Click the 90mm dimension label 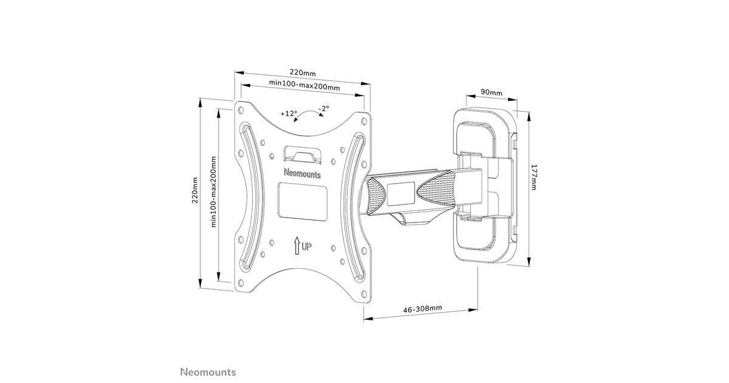point(491,92)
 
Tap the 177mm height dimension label point(534,177)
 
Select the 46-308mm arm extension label point(423,308)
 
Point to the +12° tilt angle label point(289,114)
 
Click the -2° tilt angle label point(324,108)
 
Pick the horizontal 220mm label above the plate point(303,72)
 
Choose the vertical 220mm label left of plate point(195,190)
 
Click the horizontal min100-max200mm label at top point(304,85)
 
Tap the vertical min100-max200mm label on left point(213,191)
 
